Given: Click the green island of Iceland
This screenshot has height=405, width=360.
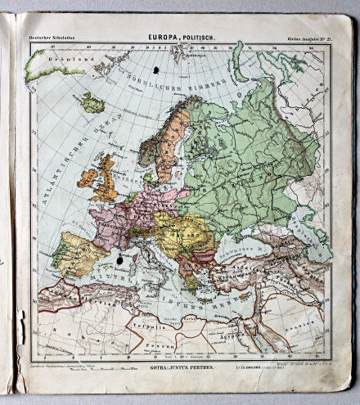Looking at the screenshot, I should coord(92,102).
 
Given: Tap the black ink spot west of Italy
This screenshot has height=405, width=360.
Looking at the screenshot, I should coord(122,260).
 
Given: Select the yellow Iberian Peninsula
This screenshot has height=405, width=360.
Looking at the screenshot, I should coord(70,252).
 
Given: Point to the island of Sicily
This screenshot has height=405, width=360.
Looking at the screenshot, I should coord(155,277).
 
